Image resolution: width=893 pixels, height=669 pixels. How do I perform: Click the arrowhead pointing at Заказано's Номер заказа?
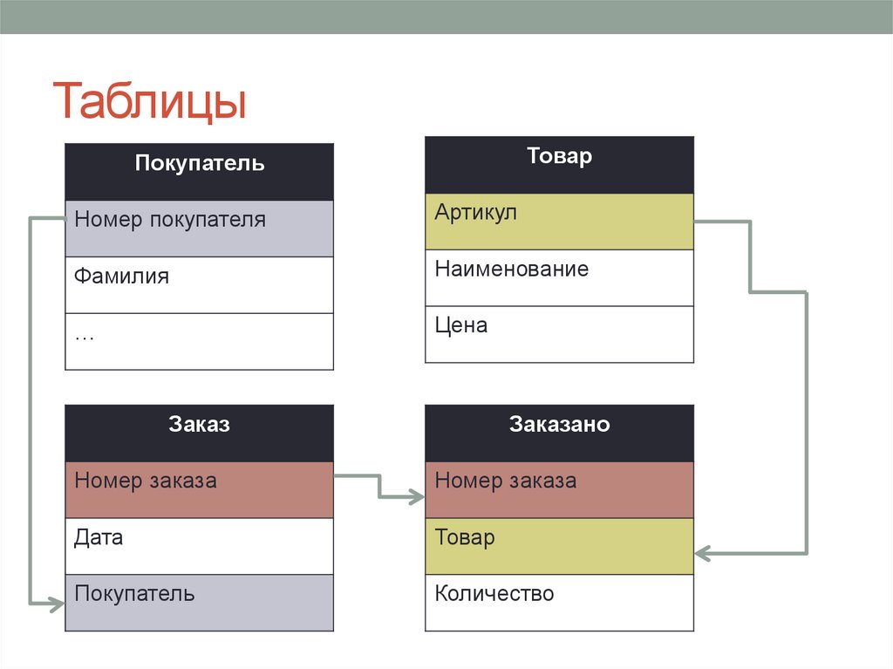(x=417, y=497)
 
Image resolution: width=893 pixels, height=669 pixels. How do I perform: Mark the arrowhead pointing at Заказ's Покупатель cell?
(x=58, y=602)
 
